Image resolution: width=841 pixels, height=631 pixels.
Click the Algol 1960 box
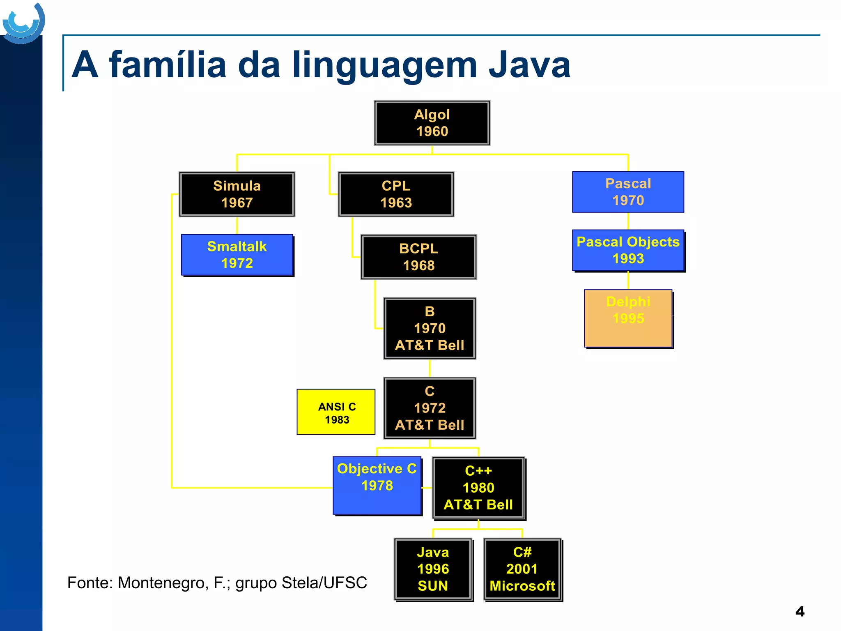coord(432,123)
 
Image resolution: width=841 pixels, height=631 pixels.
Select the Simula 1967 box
coord(237,194)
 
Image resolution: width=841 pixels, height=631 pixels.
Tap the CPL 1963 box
coord(396,194)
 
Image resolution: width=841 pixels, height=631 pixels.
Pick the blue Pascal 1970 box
coord(628,192)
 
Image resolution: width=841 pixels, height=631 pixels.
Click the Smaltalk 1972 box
coord(237,255)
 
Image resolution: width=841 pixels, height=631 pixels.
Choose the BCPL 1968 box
coord(418,257)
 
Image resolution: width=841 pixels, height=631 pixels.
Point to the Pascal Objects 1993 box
coord(628,250)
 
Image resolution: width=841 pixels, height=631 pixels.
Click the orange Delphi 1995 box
coord(628,318)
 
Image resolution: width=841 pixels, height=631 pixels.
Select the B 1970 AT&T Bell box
coord(430,328)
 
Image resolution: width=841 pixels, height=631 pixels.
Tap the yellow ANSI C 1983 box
coord(336,412)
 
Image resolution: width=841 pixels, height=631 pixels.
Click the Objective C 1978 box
coord(377,485)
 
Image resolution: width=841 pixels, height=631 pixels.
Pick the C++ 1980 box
coord(478,488)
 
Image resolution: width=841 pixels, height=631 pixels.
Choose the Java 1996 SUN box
coord(433,569)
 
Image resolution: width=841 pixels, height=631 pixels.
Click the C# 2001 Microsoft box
coord(522,569)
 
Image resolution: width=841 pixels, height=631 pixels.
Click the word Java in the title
coord(529,64)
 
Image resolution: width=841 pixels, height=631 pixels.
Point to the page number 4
coord(800,612)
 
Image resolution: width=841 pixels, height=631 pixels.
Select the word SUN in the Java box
coord(433,586)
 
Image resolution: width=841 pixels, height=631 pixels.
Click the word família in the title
coord(168,64)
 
